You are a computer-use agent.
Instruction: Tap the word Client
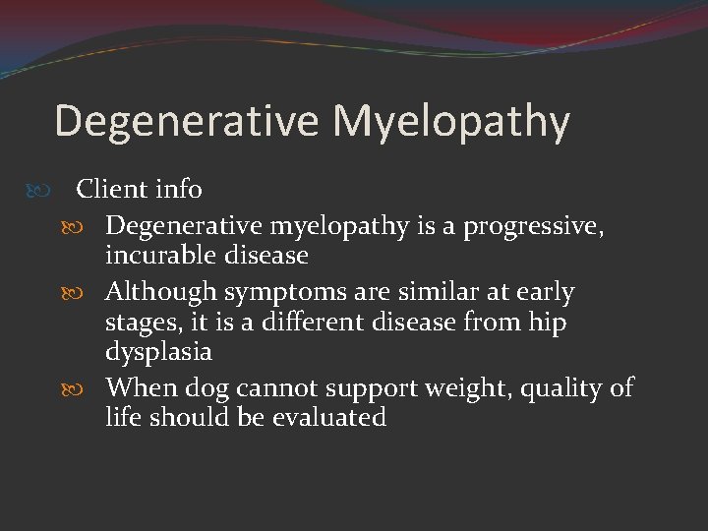pyautogui.click(x=111, y=189)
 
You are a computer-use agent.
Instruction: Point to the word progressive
pyautogui.click(x=531, y=227)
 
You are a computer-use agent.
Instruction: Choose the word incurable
pyautogui.click(x=164, y=256)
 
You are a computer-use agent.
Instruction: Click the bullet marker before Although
pyautogui.click(x=85, y=292)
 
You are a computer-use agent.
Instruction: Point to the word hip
pyautogui.click(x=546, y=324)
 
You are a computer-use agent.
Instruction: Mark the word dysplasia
pyautogui.click(x=158, y=352)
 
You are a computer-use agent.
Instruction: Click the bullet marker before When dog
pyautogui.click(x=85, y=388)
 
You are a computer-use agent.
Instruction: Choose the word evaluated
pyautogui.click(x=329, y=417)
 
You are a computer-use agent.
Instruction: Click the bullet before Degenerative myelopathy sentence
pyautogui.click(x=85, y=227)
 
